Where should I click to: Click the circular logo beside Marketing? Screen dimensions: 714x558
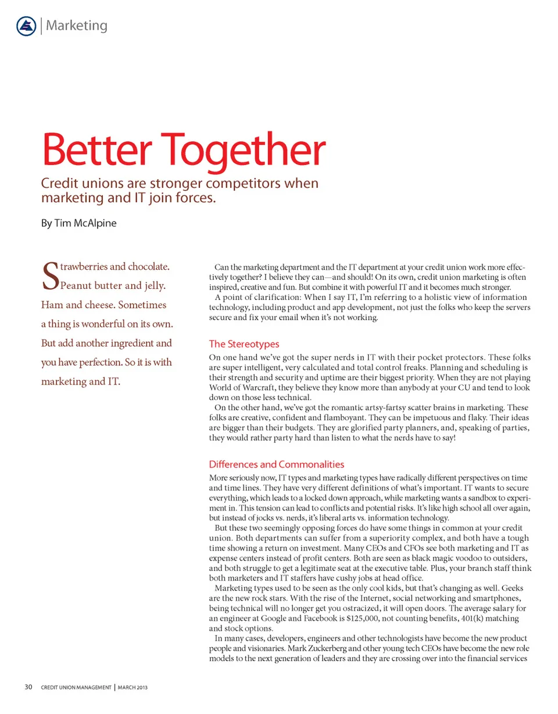(25, 26)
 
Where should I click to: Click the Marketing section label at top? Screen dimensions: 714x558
(77, 26)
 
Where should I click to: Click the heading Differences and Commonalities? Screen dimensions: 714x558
(276, 464)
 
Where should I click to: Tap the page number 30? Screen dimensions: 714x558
(28, 687)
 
